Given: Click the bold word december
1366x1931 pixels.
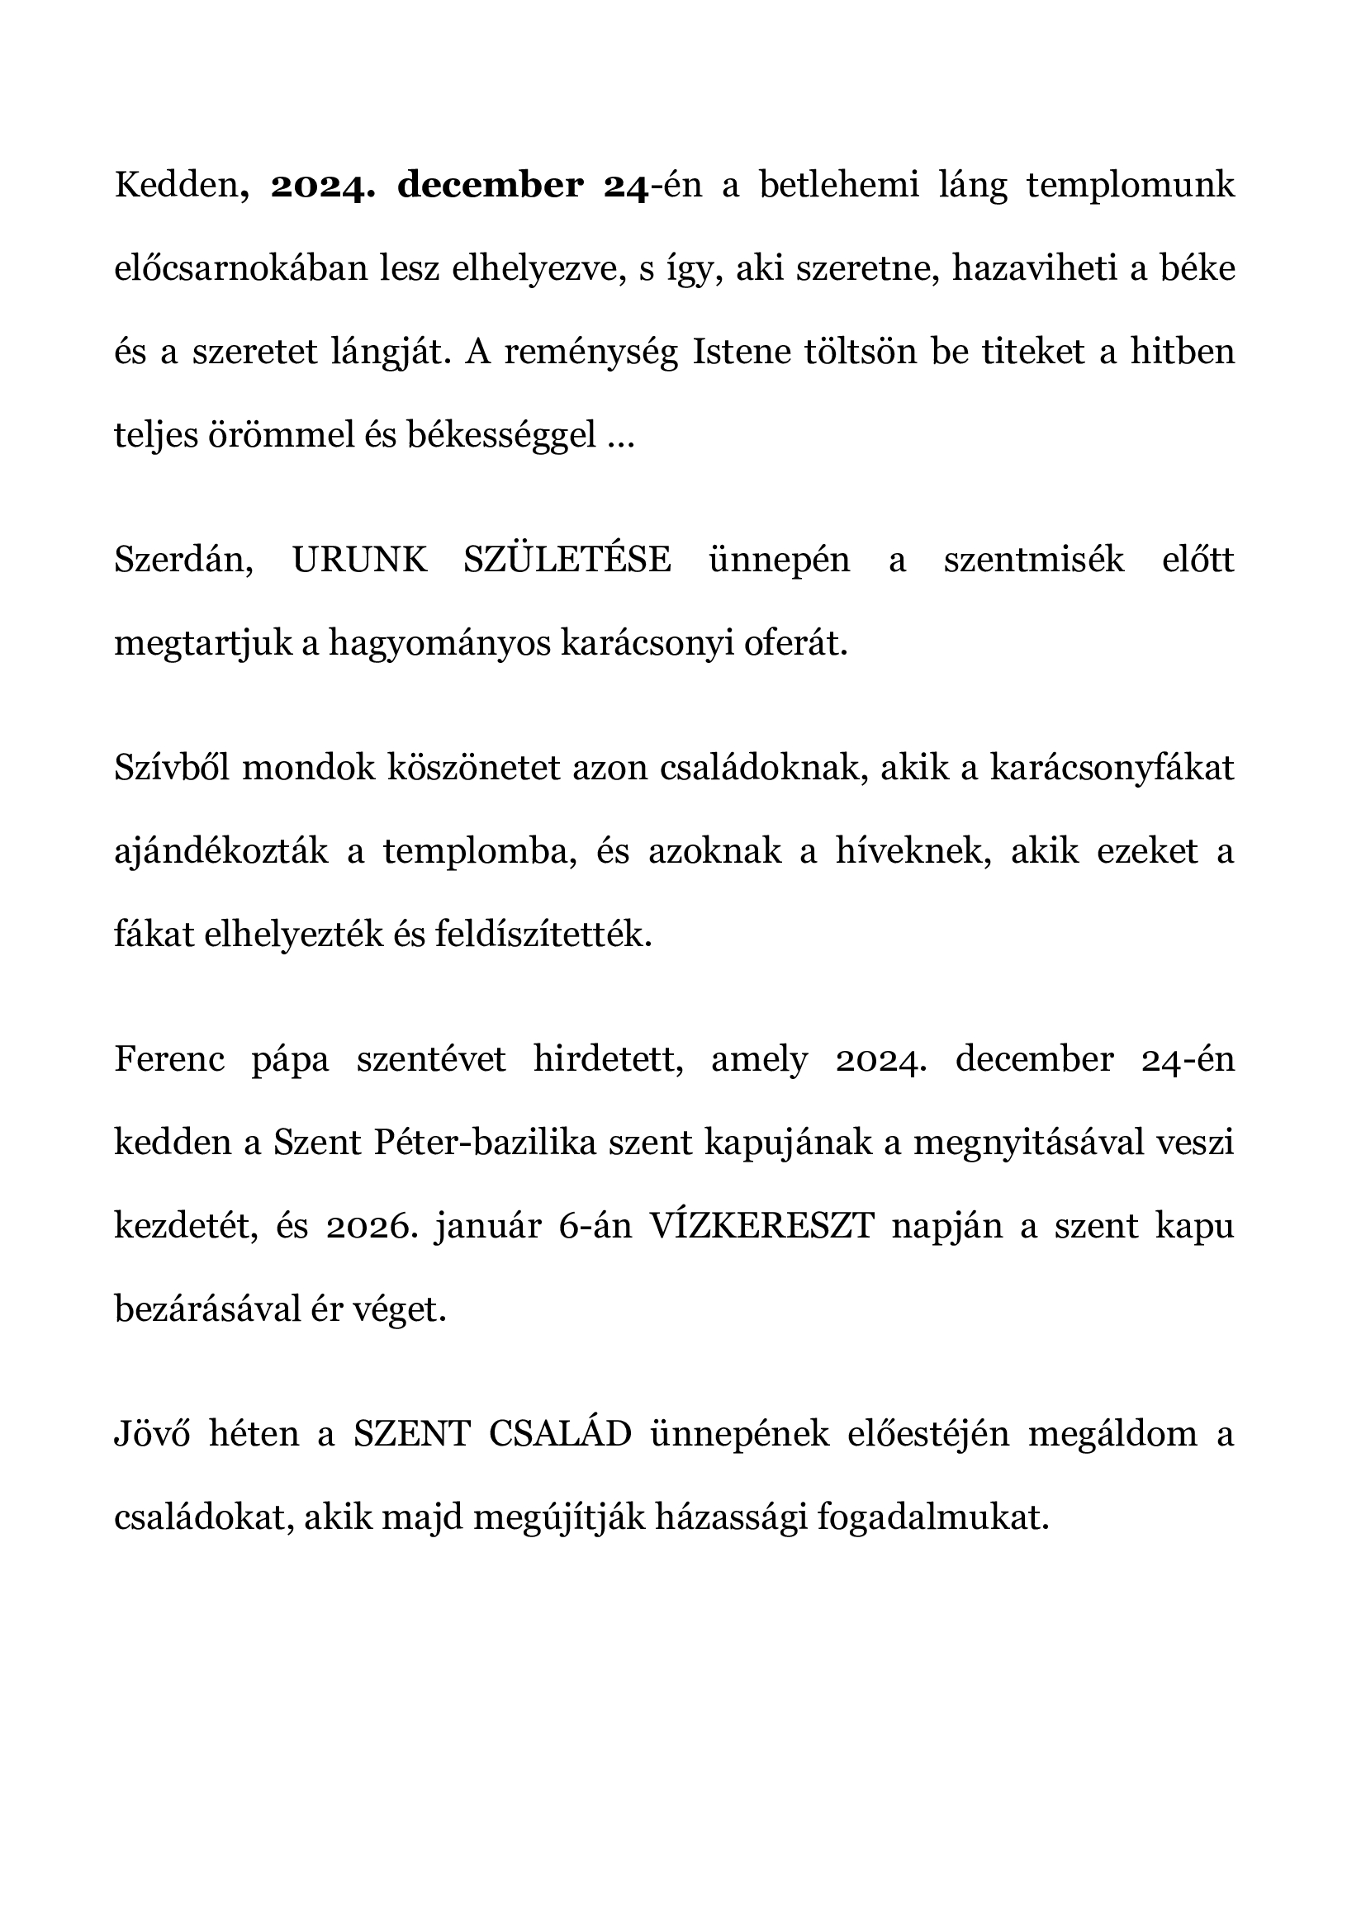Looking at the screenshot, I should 490,186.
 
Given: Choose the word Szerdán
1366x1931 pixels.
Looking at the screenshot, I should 184,560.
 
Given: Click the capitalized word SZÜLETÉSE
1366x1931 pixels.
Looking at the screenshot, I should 567,560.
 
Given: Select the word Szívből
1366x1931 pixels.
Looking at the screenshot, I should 172,769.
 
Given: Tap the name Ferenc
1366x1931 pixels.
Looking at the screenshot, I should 169,1060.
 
